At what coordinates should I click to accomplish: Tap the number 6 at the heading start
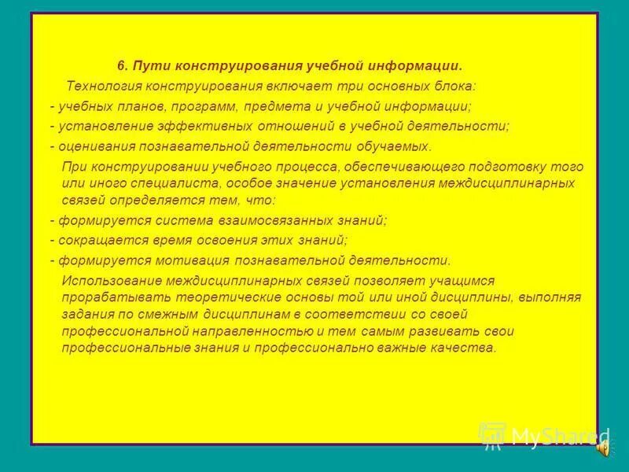[x=121, y=65]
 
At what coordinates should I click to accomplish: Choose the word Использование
[x=107, y=281]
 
